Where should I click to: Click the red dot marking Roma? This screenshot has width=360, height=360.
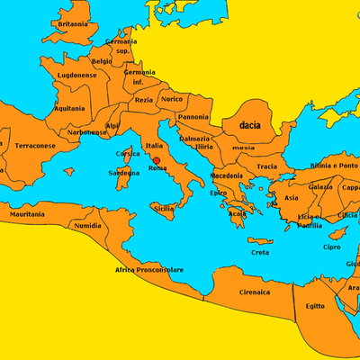(157, 160)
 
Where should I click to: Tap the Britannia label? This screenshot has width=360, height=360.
(73, 24)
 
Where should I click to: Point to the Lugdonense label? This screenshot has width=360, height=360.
(76, 75)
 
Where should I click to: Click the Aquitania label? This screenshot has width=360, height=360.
(69, 108)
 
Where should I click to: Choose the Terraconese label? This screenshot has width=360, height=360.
(35, 144)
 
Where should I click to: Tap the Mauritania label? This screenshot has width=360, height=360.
(27, 215)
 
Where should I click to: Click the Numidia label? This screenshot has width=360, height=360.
(87, 225)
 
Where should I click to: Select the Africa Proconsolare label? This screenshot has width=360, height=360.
(148, 269)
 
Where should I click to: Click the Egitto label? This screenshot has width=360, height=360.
(314, 306)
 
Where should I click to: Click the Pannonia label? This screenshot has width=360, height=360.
(193, 117)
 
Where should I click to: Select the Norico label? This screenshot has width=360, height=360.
(172, 99)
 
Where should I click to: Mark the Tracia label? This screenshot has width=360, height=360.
(266, 166)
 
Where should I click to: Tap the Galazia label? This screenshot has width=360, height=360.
(320, 186)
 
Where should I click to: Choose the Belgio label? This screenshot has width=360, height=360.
(102, 61)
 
